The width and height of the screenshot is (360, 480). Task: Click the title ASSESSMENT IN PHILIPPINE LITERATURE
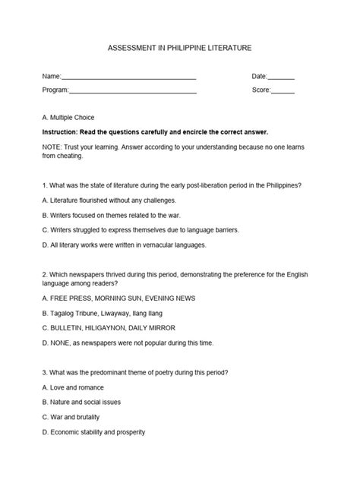179,47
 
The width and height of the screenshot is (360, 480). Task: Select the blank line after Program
132,91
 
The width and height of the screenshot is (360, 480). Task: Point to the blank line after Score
283,91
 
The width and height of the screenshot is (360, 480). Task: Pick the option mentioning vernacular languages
125,245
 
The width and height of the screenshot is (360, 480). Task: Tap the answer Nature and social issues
82,402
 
